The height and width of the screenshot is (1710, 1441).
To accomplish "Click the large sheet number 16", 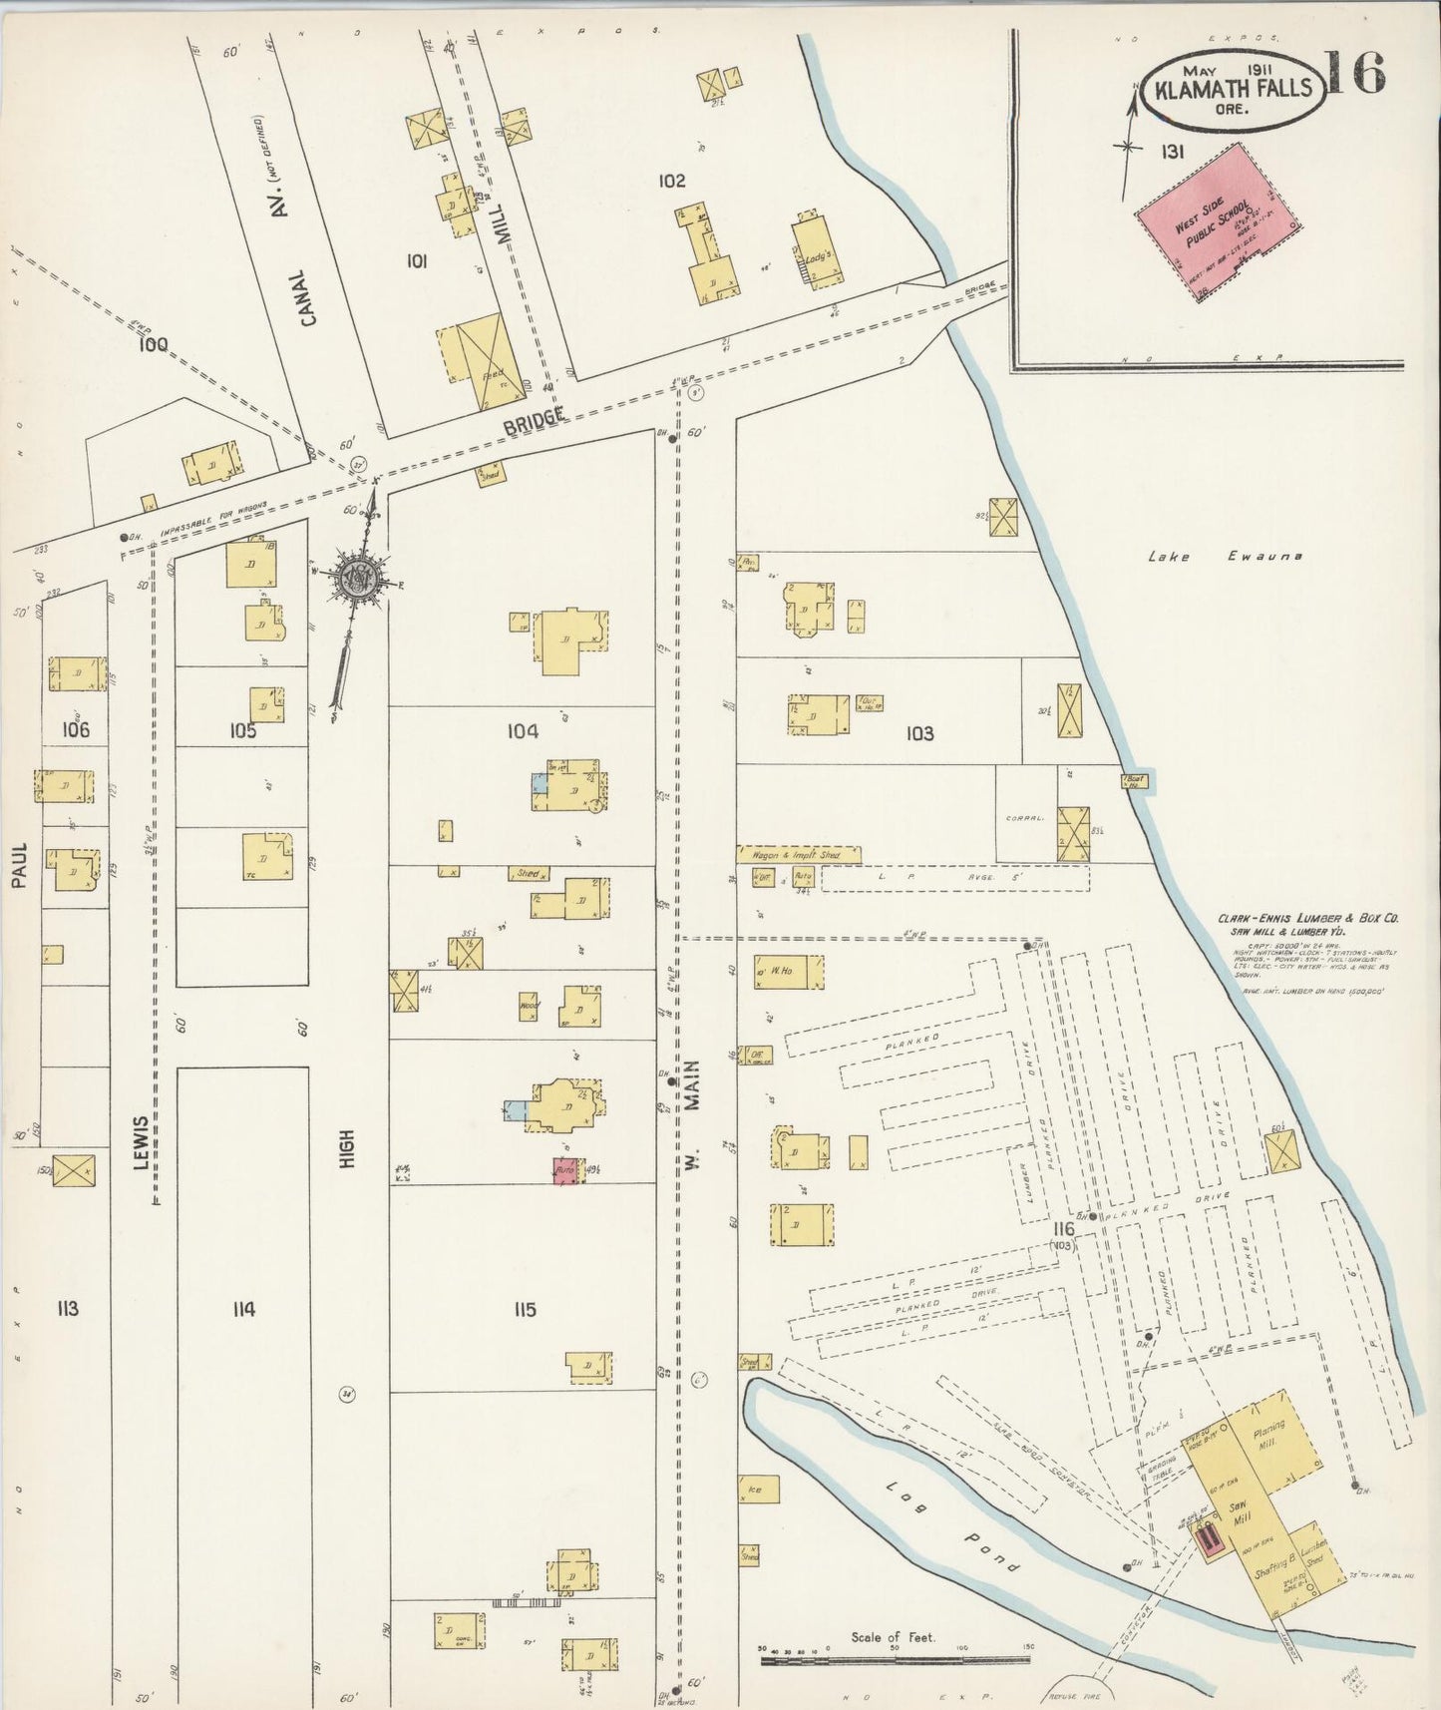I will [x=1356, y=74].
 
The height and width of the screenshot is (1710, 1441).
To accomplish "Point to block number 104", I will [x=523, y=731].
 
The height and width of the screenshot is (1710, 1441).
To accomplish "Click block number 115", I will [x=525, y=1309].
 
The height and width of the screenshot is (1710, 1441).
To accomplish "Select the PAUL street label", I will [x=20, y=863].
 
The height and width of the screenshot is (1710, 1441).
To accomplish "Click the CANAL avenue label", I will [x=307, y=296].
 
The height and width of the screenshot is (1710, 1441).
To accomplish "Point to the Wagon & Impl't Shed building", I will [x=798, y=855].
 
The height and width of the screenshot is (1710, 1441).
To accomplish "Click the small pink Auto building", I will [x=565, y=1171].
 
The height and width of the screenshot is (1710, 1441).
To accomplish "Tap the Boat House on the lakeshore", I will [x=1134, y=780].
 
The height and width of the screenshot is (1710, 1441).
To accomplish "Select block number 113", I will [x=68, y=1309].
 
